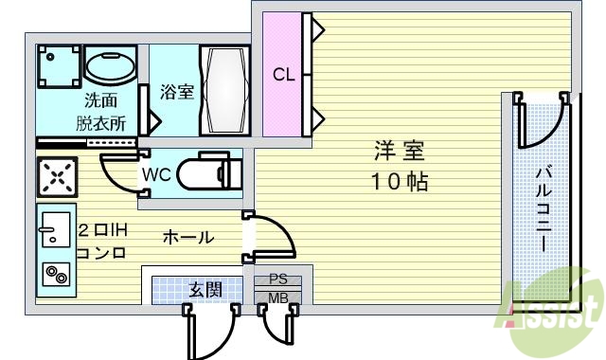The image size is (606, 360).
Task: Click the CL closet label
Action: (x=283, y=75)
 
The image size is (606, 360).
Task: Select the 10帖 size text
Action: (x=398, y=181)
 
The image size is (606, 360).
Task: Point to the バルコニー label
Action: (x=545, y=208)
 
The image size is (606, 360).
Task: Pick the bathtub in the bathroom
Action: (x=224, y=92)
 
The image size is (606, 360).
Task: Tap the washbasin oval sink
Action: (x=112, y=66)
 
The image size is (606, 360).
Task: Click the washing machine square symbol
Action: (x=57, y=67)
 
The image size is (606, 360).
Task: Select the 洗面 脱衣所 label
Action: (x=101, y=110)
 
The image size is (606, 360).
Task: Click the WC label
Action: (x=156, y=174)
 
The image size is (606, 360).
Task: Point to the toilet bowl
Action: (x=210, y=173)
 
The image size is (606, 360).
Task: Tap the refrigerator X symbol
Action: (x=57, y=177)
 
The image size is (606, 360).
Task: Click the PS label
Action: (x=278, y=280)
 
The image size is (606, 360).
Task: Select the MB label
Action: (x=278, y=299)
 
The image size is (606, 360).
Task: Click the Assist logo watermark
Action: (x=555, y=308)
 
